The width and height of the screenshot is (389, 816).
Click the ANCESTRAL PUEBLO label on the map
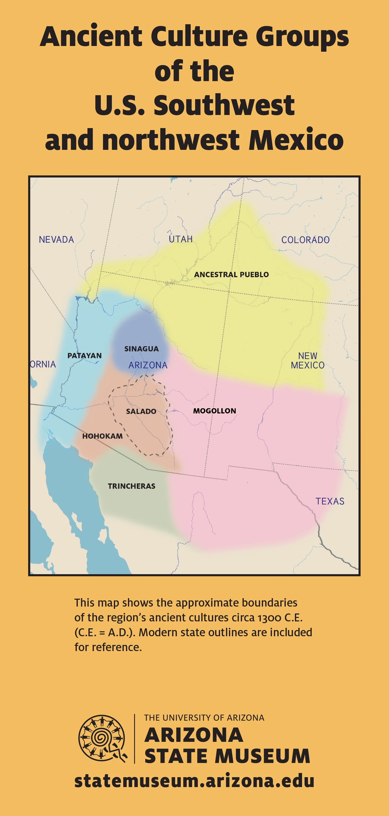(x=231, y=275)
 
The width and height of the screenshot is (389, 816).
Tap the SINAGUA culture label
(x=141, y=349)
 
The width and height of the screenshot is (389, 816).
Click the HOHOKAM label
(x=102, y=436)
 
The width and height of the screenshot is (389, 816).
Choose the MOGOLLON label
(x=215, y=411)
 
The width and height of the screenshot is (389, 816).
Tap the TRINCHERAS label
(x=131, y=486)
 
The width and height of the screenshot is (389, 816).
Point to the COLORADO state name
(x=305, y=240)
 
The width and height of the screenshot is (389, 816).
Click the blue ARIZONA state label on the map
(x=148, y=365)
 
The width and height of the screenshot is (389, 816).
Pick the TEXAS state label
(x=329, y=501)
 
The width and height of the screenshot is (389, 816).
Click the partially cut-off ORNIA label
(x=43, y=364)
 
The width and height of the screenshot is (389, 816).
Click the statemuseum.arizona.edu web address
(x=194, y=781)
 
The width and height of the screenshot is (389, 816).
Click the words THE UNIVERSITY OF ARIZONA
(x=204, y=718)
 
